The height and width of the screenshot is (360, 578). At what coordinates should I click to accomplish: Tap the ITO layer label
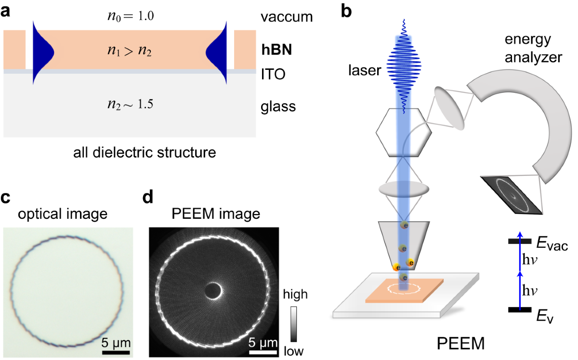273,75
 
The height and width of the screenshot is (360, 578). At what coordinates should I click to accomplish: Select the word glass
278,105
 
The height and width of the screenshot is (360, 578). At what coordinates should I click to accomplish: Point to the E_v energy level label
544,316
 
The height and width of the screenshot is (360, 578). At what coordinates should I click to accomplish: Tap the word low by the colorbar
293,351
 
